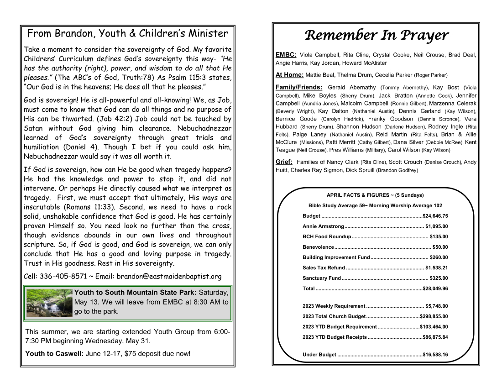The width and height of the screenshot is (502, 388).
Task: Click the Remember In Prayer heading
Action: (376, 35)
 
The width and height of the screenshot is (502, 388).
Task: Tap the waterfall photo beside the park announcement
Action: (49, 303)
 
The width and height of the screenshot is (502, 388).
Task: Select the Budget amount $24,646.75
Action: (435, 216)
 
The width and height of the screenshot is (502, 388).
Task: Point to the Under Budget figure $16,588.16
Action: (435, 355)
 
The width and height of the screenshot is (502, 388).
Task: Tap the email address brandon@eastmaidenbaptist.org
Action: (169, 276)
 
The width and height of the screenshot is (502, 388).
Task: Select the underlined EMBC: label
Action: (286, 55)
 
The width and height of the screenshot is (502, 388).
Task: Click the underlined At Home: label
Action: (289, 75)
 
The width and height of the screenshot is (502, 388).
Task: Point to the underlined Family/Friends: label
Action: (299, 87)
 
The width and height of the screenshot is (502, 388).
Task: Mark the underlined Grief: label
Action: (284, 162)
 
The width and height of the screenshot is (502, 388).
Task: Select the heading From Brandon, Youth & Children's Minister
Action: (127, 33)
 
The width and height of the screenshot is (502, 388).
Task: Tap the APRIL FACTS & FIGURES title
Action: (375, 195)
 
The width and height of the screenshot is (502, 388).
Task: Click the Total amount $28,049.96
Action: (435, 288)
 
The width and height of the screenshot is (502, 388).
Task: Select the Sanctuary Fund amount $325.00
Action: (439, 278)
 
